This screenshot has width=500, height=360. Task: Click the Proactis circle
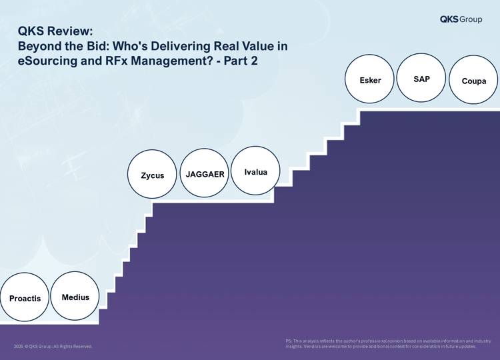[x=25, y=297]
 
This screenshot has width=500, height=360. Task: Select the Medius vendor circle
[x=75, y=296]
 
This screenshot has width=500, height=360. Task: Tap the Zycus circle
[x=152, y=174]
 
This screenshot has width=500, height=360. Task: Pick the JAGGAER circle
[x=205, y=173]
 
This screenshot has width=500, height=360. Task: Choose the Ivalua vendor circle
[x=255, y=171]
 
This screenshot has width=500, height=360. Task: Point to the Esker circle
[x=369, y=79]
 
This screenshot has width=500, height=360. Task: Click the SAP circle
[x=421, y=77]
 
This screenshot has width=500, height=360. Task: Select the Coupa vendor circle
[x=473, y=80]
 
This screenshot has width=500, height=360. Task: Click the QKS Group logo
[x=461, y=19]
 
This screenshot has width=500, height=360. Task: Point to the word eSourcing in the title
[x=47, y=61]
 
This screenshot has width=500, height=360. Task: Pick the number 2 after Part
[x=254, y=61]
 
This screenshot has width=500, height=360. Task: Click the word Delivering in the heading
[x=181, y=47]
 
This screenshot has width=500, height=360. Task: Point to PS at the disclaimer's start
[x=289, y=341]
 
